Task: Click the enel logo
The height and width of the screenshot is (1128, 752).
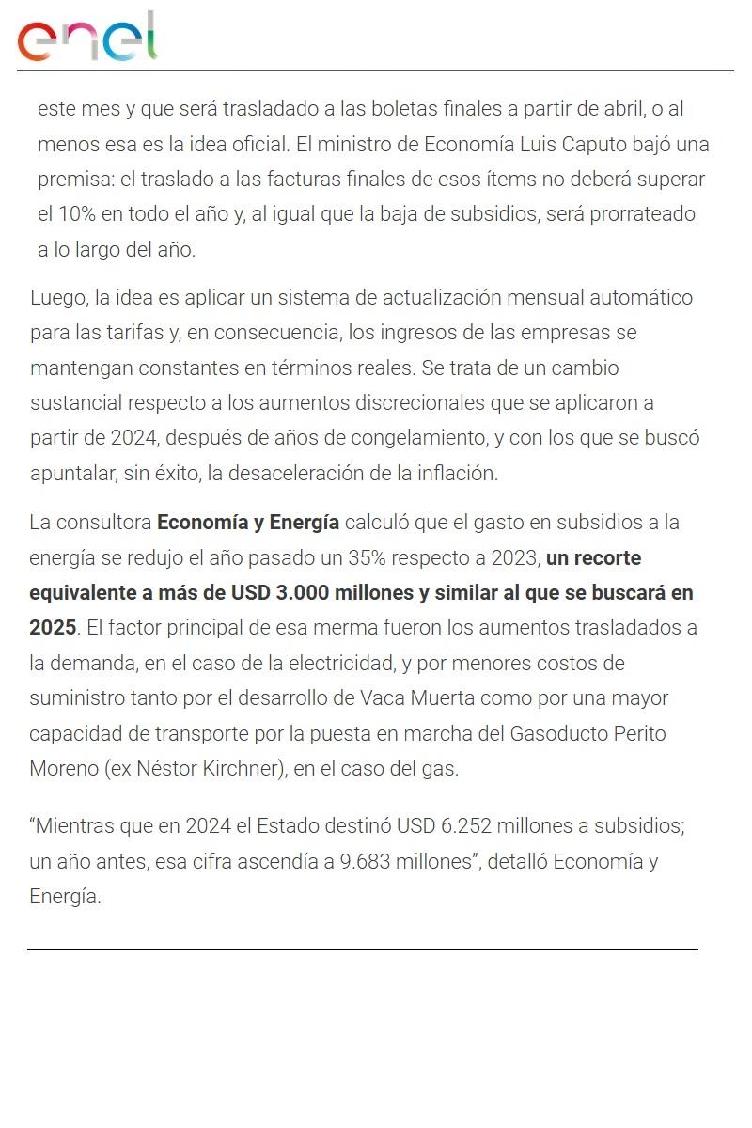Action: pos(86,38)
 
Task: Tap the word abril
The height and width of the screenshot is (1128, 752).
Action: pos(619,109)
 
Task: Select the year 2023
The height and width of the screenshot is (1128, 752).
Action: pos(514,557)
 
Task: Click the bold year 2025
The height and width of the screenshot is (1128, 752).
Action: pos(53,628)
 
